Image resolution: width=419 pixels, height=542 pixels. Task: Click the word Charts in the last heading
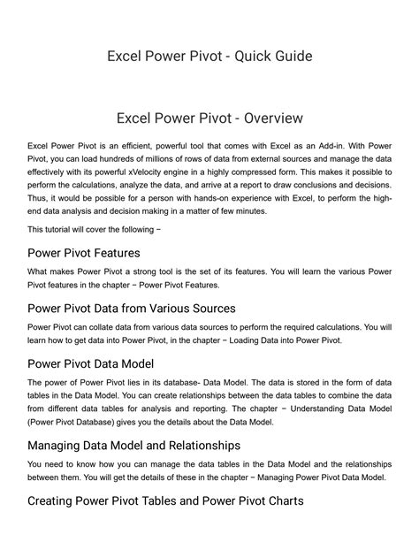click(285, 500)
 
